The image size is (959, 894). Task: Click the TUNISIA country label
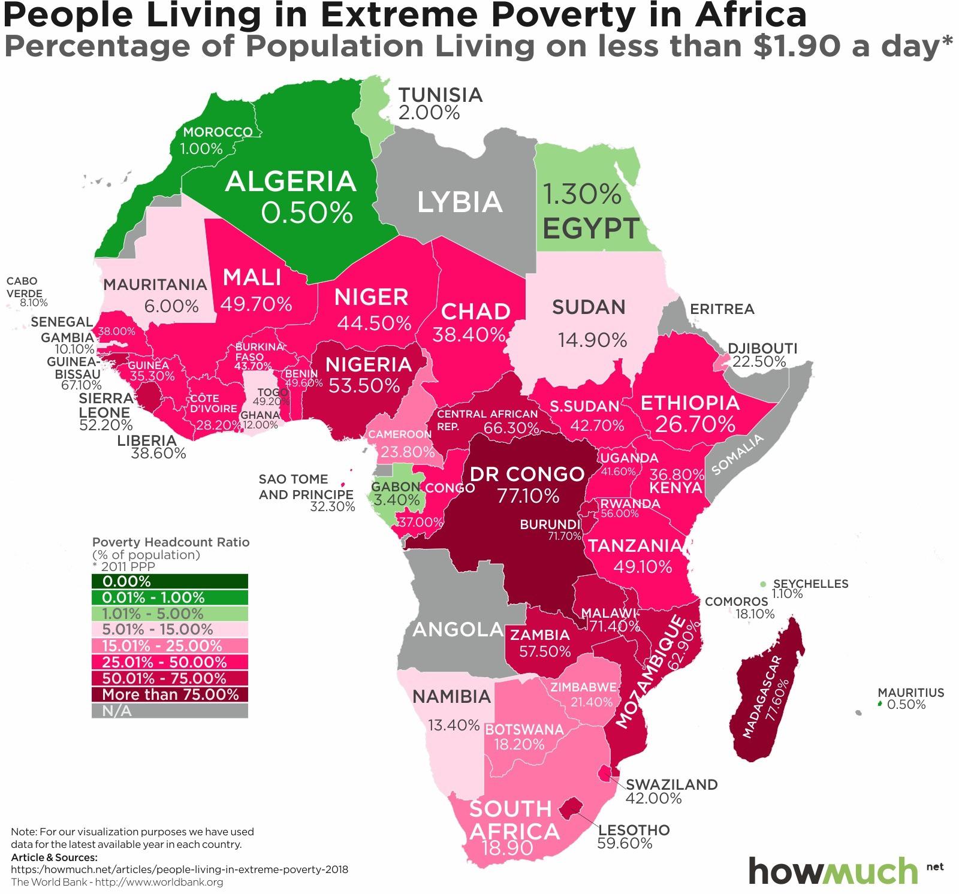440,95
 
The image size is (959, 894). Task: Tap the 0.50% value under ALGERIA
307,212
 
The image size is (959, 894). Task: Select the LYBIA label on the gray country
460,202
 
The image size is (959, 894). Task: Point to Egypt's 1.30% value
581,194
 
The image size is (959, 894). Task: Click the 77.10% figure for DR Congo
527,496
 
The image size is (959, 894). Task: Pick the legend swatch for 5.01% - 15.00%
170,630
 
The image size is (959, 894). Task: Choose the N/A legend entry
170,711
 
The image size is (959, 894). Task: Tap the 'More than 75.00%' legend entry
170,694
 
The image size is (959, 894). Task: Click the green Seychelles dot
762,584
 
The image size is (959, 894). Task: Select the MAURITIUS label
910,692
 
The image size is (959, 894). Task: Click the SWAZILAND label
671,784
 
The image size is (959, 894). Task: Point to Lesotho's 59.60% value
625,844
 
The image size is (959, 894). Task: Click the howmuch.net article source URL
179,869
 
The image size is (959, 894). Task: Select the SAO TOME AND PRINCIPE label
305,487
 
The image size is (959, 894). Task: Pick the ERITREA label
722,309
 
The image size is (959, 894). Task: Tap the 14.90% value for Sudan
592,340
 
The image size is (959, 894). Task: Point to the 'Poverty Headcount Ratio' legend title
171,542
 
